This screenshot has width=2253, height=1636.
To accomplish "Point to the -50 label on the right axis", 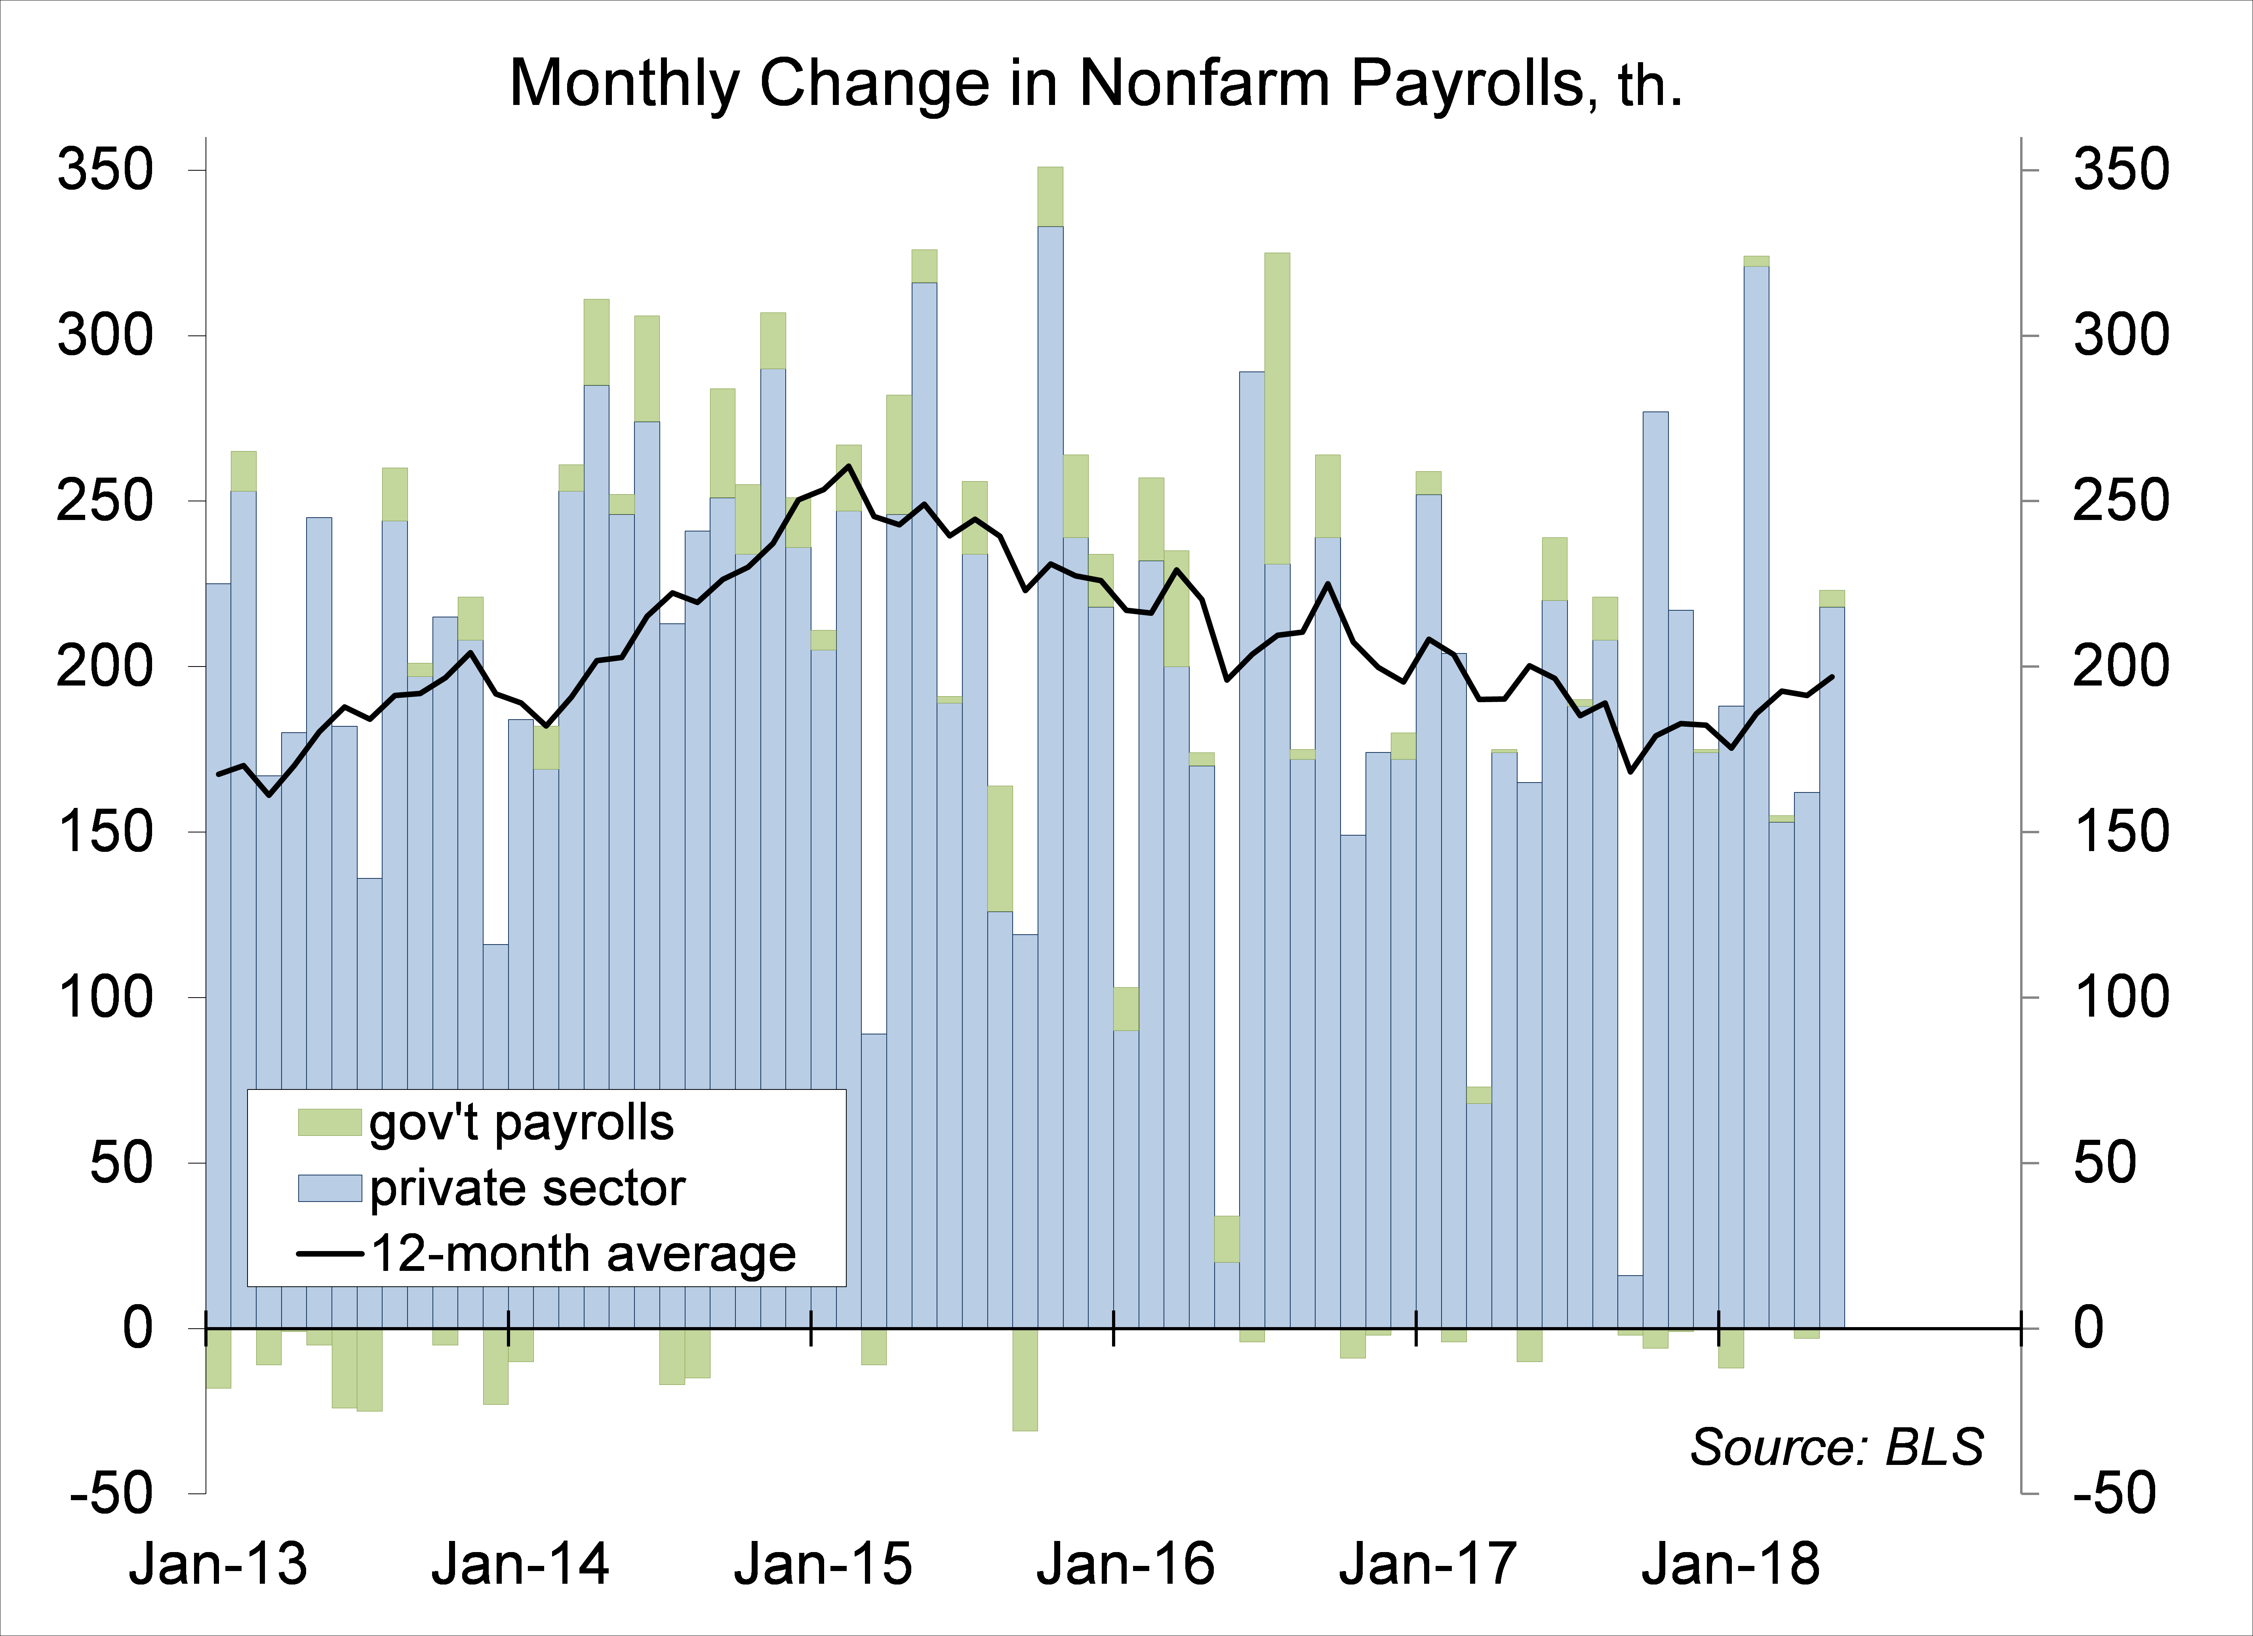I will tap(2113, 1493).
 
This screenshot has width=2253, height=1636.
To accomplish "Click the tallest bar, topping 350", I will tap(1050, 695).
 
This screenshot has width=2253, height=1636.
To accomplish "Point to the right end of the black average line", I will tap(1832, 676).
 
